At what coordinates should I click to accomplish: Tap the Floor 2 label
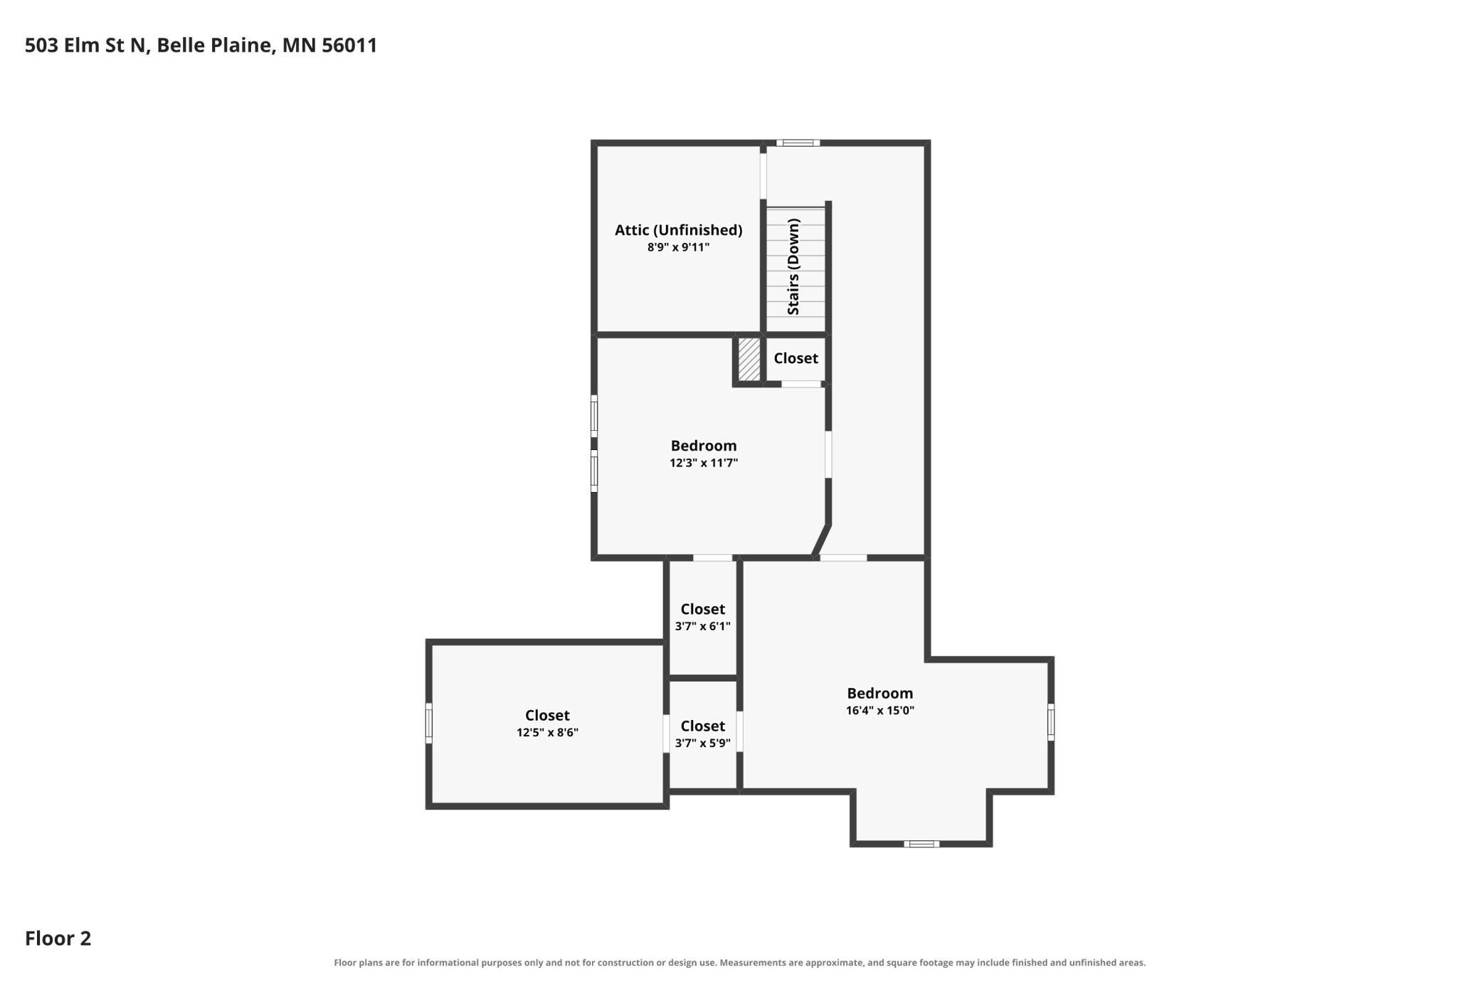coord(58,938)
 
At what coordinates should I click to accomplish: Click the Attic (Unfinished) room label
coord(678,230)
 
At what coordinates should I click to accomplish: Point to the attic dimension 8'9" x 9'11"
coord(678,247)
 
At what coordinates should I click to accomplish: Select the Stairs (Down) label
coord(793,267)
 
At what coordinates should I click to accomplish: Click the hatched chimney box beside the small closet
coord(749,359)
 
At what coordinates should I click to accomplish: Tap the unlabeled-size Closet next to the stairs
coord(795,358)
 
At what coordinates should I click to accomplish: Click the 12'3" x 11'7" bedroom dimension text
coord(704,463)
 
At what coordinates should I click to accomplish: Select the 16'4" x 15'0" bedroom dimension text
coord(880,710)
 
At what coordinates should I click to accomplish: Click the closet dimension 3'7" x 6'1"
coord(703,626)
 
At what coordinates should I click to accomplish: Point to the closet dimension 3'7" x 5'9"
coord(703,743)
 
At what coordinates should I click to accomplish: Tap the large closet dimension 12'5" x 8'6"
coord(547,732)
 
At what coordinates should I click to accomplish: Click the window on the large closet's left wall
coord(429,723)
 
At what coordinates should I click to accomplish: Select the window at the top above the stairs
coord(798,142)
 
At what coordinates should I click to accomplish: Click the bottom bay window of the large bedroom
coord(921,844)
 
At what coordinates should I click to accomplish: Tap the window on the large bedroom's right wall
coord(1051,721)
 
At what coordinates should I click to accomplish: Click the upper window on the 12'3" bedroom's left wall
coord(594,416)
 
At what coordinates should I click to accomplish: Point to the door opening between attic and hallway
coord(763,177)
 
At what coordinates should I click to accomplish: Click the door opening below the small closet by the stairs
coord(801,384)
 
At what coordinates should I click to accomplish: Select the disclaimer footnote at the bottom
coord(740,963)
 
